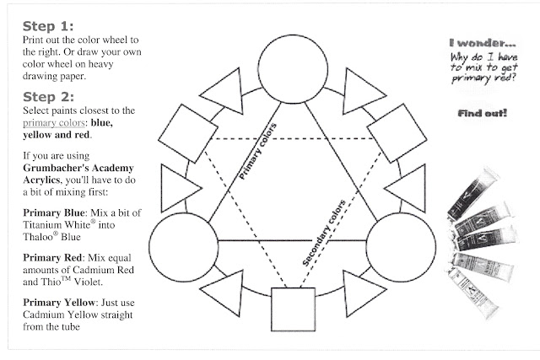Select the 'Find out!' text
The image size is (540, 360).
click(481, 112)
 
